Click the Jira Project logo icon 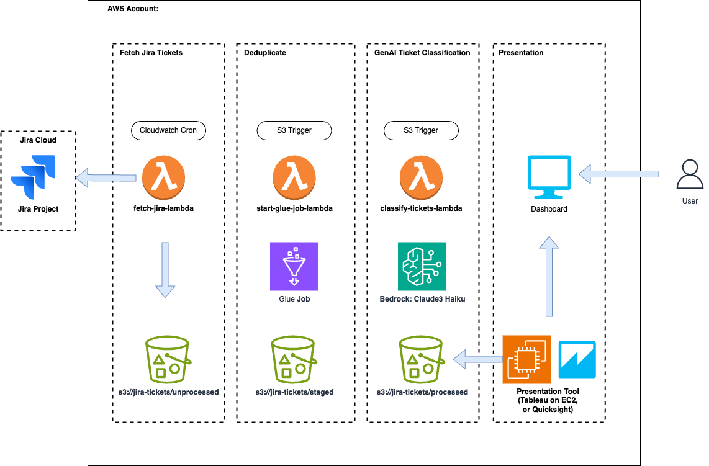tap(32, 176)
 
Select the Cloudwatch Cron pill tap(168, 130)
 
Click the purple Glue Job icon tap(294, 266)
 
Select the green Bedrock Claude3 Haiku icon tap(422, 266)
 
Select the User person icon tap(690, 176)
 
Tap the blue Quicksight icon tap(577, 359)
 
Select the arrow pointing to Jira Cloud tap(106, 179)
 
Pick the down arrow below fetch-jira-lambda tap(165, 271)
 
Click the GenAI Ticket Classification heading tap(422, 53)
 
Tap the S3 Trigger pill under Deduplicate tap(294, 130)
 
